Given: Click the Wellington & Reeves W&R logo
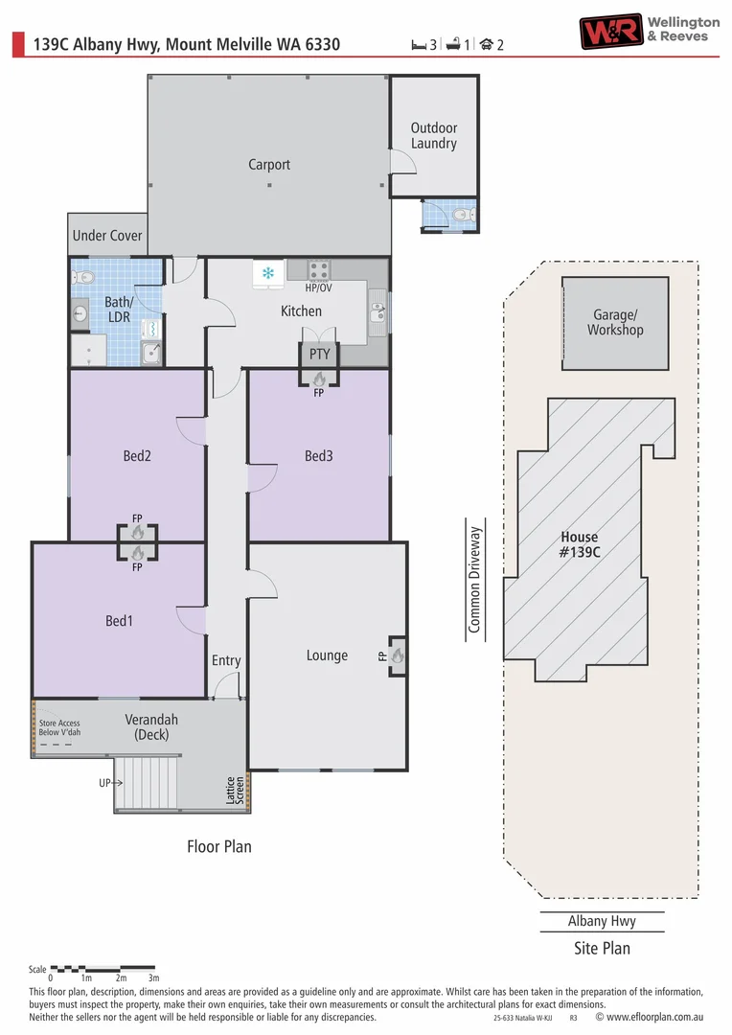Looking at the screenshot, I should click(x=609, y=31).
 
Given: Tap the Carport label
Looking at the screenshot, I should click(x=269, y=165).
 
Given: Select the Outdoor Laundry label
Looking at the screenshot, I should click(x=434, y=135).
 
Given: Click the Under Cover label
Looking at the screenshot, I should click(x=107, y=236).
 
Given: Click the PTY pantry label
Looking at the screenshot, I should click(x=319, y=354).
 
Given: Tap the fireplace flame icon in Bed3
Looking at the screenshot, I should click(x=319, y=379).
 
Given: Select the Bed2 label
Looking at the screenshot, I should click(x=137, y=456).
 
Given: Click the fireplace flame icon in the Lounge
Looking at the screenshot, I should click(x=397, y=656).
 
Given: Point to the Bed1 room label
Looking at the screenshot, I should click(x=119, y=621).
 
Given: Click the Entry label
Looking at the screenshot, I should click(x=226, y=660).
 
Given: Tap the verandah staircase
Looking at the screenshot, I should click(x=147, y=784).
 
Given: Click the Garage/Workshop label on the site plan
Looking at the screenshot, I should click(x=615, y=323).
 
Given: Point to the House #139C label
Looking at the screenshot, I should click(x=579, y=544).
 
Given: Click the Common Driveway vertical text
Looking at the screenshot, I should click(x=473, y=579).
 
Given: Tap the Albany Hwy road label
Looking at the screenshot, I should click(x=602, y=921).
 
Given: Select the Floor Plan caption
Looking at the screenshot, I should click(x=219, y=846).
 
